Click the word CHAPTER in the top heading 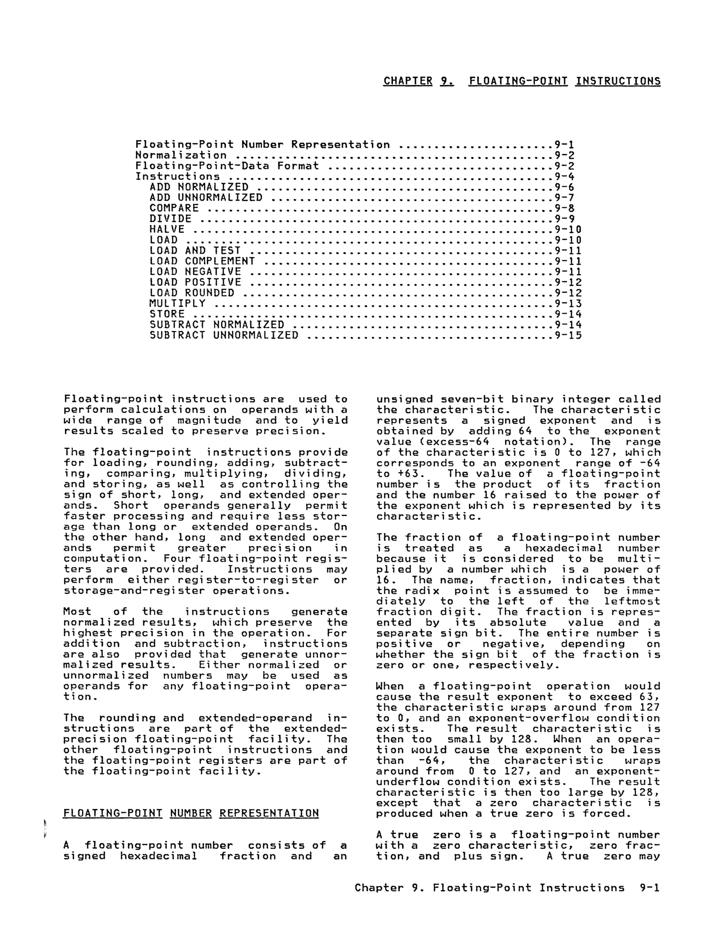(x=408, y=81)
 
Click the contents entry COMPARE (x=174, y=208)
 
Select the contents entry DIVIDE (x=171, y=219)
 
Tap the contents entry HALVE (x=167, y=229)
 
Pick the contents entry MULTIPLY (x=178, y=303)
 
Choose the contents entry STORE (x=167, y=314)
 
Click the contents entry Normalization (x=181, y=155)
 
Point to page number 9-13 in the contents (x=568, y=303)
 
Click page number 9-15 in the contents (x=568, y=335)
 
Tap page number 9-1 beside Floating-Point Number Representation (x=565, y=144)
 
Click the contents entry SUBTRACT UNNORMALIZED (x=224, y=335)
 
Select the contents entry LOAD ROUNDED (x=192, y=293)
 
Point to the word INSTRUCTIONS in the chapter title (x=618, y=81)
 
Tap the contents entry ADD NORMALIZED (x=199, y=187)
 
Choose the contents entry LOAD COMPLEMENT (x=202, y=261)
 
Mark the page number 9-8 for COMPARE (x=565, y=208)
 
